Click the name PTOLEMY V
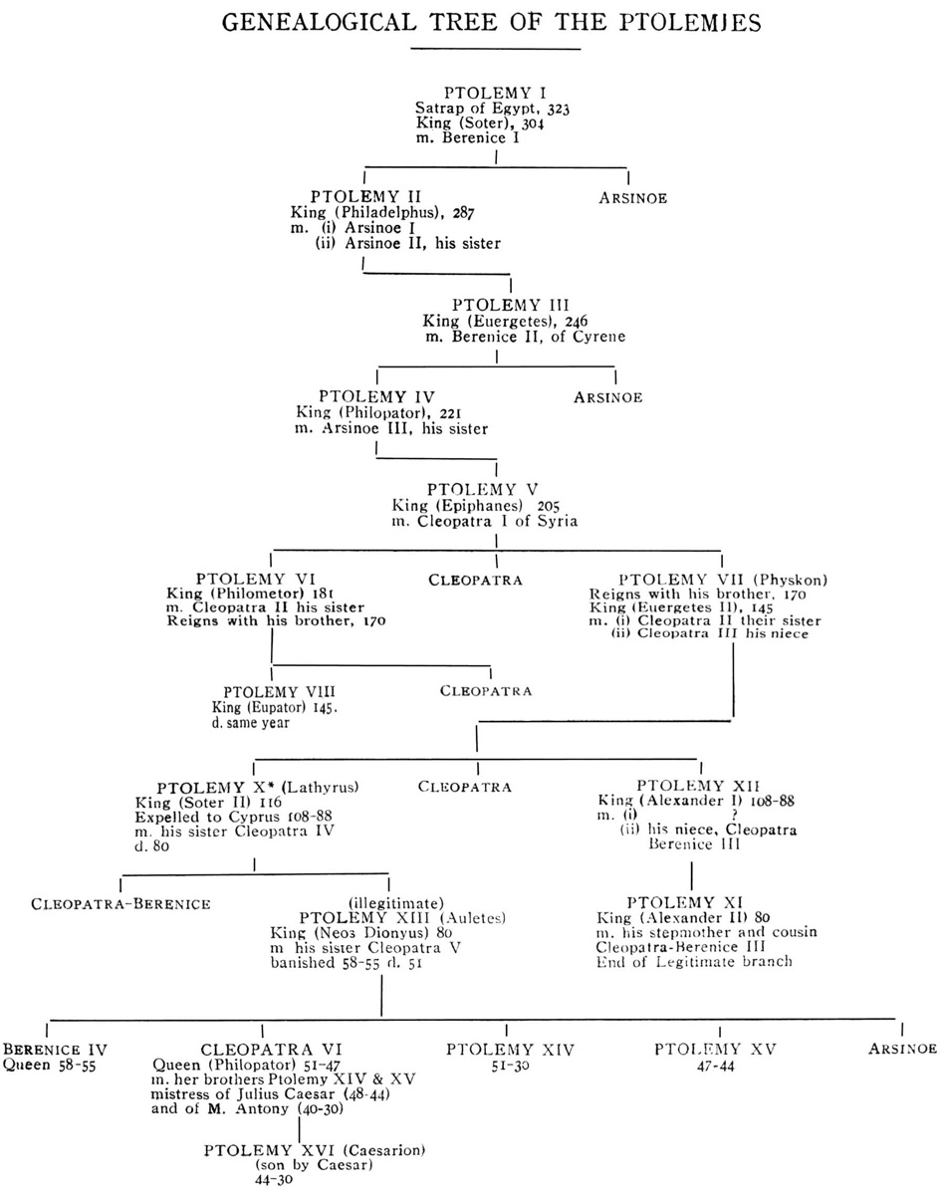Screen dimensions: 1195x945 coord(483,489)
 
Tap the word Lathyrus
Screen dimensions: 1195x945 coord(324,787)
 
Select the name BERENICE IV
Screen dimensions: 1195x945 coord(55,1049)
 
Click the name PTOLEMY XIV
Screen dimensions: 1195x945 coord(510,1049)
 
